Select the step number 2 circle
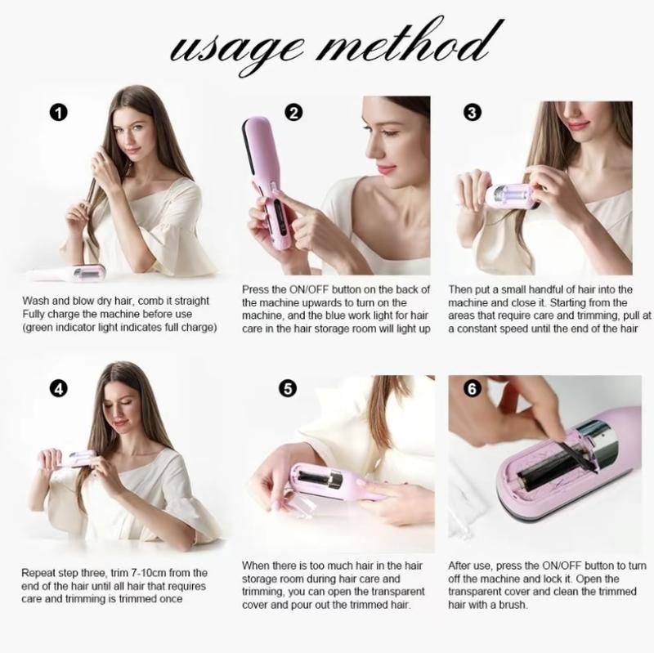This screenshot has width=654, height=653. coord(293,113)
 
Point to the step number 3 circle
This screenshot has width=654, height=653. coord(472,113)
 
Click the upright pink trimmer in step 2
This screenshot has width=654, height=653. coord(269,184)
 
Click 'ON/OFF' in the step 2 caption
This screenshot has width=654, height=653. coord(320,289)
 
